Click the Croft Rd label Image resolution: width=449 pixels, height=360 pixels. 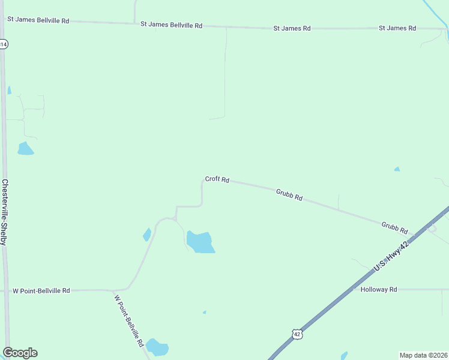pos(217,179)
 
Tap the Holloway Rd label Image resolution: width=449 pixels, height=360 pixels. pos(379,289)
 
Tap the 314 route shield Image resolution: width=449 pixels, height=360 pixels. pos(3,44)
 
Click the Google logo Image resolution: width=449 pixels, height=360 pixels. pos(20,353)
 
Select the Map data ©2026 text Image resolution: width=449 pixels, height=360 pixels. pos(424,355)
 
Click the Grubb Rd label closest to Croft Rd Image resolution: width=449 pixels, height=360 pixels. pos(289,194)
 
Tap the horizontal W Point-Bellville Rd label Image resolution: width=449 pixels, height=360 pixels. pos(41,290)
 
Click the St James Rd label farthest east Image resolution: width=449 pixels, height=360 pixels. pos(397,28)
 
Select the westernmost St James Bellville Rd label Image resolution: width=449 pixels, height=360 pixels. pos(38,20)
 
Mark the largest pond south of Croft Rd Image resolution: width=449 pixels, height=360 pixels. pos(200,242)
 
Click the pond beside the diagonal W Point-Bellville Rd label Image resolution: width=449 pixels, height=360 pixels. pos(157,347)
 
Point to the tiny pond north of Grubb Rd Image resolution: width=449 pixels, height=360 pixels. pos(397,169)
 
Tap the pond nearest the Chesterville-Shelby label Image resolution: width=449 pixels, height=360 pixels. pos(25,149)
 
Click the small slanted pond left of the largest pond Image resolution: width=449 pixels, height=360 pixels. pos(147,234)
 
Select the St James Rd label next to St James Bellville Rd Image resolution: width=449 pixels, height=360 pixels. pos(292,28)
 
